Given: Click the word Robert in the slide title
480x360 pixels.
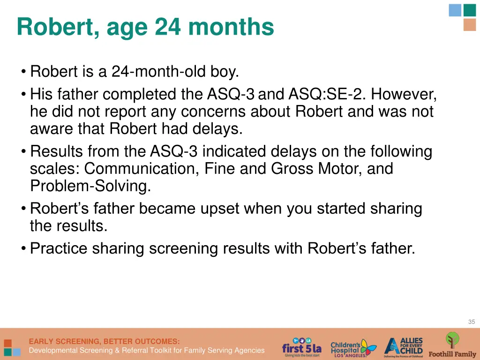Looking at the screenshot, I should pos(56,27).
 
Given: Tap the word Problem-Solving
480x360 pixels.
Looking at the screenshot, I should pos(90,186).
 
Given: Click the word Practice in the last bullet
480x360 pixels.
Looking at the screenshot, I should pos(59,248).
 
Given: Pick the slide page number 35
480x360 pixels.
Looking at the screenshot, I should pos(471,322).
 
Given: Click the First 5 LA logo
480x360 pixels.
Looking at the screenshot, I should pos(302,347).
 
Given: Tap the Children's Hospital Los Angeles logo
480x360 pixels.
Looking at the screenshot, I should pos(352,347).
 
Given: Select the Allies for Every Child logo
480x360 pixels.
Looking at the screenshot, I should pos(404,347).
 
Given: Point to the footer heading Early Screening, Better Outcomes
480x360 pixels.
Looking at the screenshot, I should pos(104,341).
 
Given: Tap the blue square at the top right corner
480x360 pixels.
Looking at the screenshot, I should pos(455,10).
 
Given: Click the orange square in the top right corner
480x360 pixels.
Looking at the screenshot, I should pos(469,25).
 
